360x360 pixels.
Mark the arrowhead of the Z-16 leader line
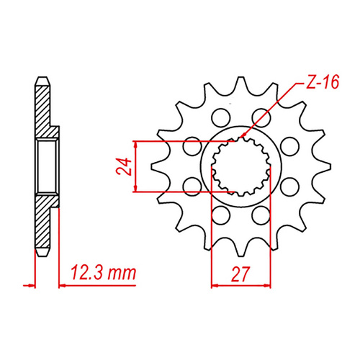[x=244, y=137]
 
